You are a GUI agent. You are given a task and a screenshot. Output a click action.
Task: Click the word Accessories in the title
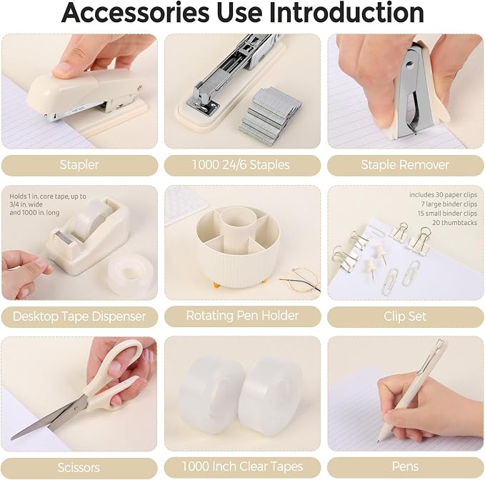[x=136, y=12]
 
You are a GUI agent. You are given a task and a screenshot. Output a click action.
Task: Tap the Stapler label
[x=79, y=165]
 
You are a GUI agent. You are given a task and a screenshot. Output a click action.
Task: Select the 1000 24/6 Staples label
[x=241, y=165]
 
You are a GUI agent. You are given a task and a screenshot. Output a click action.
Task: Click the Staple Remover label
[x=405, y=165]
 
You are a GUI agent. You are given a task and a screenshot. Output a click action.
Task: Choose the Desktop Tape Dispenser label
[x=79, y=316]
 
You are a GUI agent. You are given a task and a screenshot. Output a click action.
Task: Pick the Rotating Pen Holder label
[x=242, y=316]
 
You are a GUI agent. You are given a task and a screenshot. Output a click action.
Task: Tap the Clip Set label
[x=405, y=316]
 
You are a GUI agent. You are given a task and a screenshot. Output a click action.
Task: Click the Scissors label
[x=79, y=468]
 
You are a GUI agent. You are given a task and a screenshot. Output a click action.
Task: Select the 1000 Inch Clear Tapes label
[x=242, y=466]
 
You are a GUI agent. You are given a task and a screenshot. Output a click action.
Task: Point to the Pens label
[x=405, y=466]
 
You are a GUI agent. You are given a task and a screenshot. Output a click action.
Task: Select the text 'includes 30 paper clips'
[x=444, y=195]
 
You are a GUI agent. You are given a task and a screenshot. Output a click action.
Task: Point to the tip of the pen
[x=378, y=441]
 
